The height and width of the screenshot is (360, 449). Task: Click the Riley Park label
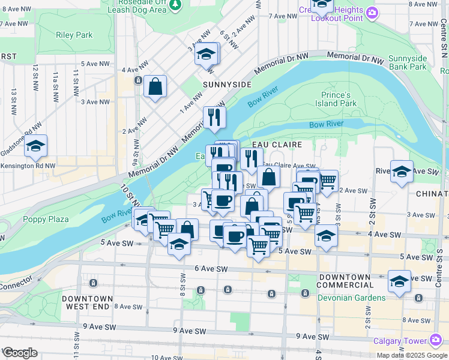tap(74, 35)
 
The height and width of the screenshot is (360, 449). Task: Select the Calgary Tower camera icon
tap(436, 341)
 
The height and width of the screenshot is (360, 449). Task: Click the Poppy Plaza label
tap(46, 219)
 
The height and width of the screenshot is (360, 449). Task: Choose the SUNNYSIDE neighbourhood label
tap(227, 85)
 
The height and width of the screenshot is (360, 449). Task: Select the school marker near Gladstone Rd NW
tap(35, 146)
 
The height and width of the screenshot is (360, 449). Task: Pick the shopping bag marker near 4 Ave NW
tap(155, 86)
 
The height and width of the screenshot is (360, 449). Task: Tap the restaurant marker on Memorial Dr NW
tap(214, 116)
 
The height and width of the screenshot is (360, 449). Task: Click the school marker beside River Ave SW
tap(402, 171)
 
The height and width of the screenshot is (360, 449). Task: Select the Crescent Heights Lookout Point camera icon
tap(373, 13)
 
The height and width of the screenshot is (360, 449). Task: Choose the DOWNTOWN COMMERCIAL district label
tap(344, 281)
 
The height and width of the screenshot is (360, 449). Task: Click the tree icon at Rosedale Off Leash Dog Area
tap(175, 5)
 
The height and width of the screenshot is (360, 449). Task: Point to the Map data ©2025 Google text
tap(412, 355)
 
